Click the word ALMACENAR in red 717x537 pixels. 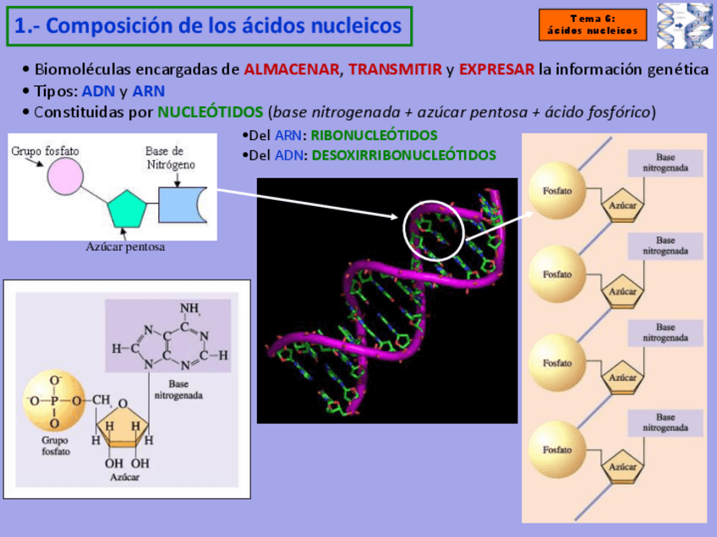click(292, 69)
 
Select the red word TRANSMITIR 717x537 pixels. click(395, 69)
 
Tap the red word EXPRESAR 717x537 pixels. click(497, 69)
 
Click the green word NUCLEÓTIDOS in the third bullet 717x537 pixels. click(211, 111)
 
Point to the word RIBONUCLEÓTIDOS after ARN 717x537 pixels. click(375, 135)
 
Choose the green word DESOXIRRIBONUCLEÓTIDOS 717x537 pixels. click(404, 155)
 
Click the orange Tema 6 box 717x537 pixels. click(593, 25)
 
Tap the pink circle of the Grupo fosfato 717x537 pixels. click(64, 177)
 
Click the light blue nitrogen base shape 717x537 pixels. click(181, 205)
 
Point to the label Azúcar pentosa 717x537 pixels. click(125, 247)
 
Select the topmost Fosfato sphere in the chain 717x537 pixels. click(557, 191)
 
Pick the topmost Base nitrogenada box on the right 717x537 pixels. click(665, 163)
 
